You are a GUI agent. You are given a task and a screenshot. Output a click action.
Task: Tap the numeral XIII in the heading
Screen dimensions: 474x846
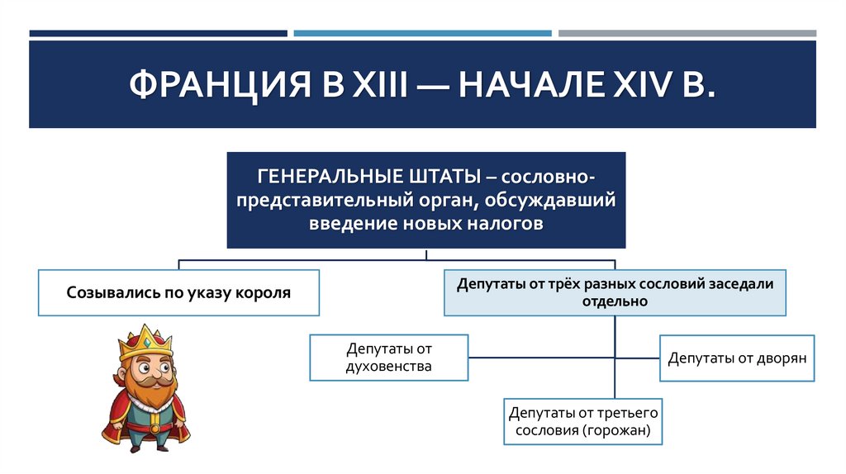point(374,85)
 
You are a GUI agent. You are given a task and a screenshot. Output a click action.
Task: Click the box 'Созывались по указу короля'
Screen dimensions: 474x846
point(179,292)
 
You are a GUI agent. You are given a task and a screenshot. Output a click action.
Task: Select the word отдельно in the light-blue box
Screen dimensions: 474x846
point(613,301)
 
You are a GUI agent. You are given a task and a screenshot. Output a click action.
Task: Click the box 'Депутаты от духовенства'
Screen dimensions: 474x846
point(388,358)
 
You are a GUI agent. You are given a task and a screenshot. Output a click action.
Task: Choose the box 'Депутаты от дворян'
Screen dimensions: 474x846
point(737,358)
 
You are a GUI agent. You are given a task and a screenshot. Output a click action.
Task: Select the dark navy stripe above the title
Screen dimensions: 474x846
point(158,34)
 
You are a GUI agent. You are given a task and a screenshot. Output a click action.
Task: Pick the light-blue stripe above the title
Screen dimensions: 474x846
point(422,34)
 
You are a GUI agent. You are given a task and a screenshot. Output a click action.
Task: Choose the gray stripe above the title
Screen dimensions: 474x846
point(687,34)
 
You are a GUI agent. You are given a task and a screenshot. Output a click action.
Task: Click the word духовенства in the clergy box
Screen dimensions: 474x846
point(388,366)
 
